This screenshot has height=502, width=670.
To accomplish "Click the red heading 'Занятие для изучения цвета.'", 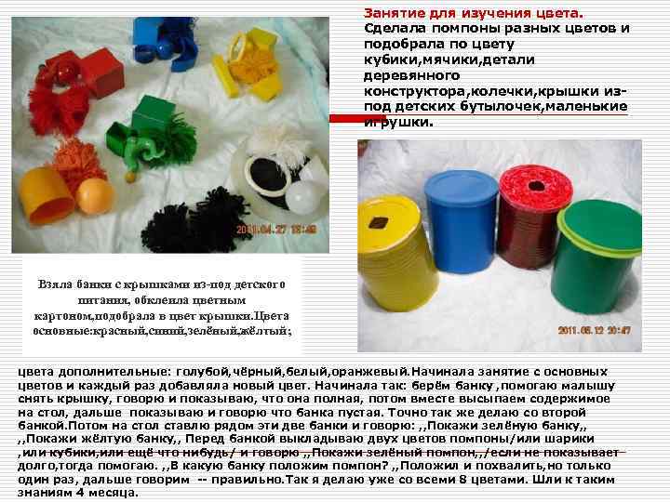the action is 473,13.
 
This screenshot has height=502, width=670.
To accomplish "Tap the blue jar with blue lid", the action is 461,220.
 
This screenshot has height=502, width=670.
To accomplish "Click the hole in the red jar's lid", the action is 536,186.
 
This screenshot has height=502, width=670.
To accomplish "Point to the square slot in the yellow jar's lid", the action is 378,222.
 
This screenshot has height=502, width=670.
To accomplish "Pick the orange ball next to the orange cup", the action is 95,196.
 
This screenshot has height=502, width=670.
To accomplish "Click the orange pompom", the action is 78,162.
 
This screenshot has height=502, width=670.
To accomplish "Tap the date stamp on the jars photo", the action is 594,330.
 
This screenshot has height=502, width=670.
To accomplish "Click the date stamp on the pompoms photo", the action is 276,230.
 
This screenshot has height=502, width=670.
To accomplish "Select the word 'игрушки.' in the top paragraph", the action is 398,122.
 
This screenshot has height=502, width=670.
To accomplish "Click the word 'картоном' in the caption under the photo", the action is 63,316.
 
